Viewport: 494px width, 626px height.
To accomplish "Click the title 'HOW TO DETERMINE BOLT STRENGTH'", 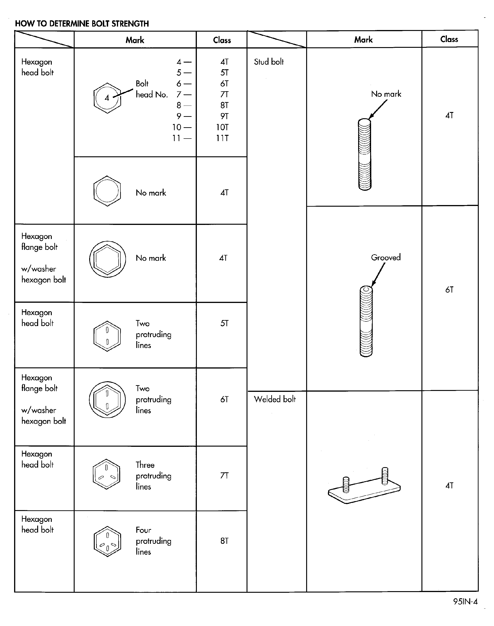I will click(x=82, y=24).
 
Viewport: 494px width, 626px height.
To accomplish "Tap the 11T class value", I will click(x=222, y=138).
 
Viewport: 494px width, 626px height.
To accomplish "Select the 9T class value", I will click(x=224, y=116).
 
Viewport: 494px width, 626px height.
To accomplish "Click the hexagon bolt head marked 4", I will click(x=107, y=98).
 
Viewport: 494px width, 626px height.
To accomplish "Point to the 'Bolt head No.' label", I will click(x=152, y=89).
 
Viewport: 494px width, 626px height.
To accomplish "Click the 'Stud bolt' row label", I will click(x=269, y=62).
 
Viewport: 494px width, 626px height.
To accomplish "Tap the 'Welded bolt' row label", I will click(x=275, y=399).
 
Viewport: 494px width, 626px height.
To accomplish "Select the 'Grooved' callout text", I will click(x=386, y=257).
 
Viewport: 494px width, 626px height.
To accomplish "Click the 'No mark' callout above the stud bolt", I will click(x=386, y=94).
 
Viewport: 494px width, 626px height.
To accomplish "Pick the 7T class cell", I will click(x=224, y=475).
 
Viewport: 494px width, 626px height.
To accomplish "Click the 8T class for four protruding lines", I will click(x=224, y=541).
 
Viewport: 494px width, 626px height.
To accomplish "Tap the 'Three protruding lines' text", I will click(x=153, y=475).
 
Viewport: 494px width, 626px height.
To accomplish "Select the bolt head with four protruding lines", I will click(x=107, y=541).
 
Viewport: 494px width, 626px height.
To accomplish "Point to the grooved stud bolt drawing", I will click(x=366, y=321).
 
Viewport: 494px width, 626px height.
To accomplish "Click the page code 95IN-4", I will click(x=465, y=602).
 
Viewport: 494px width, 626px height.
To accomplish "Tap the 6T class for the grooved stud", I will click(x=449, y=290).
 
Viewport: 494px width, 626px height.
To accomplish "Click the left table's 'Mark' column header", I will click(x=135, y=40).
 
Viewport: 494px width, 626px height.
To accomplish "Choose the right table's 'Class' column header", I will click(x=449, y=39).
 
